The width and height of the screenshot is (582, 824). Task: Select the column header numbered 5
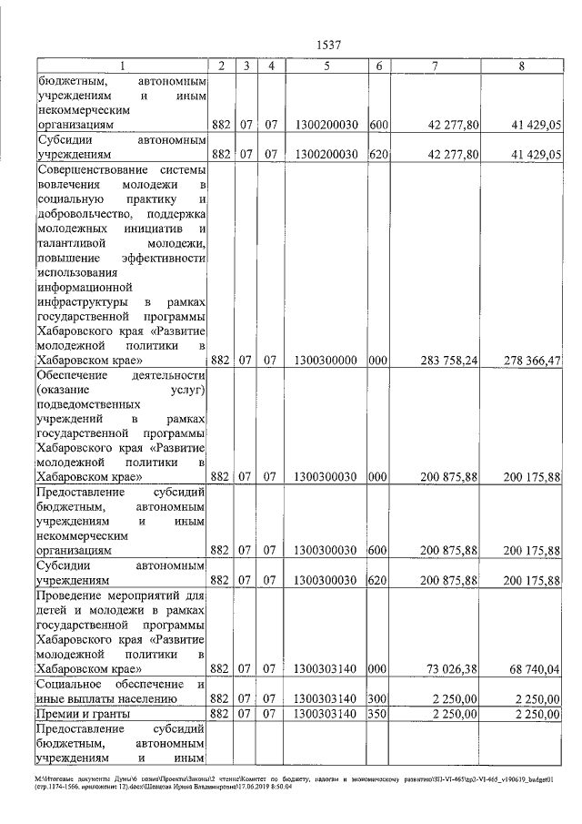[326, 66]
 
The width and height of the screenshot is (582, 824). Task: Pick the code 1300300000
[326, 361]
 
